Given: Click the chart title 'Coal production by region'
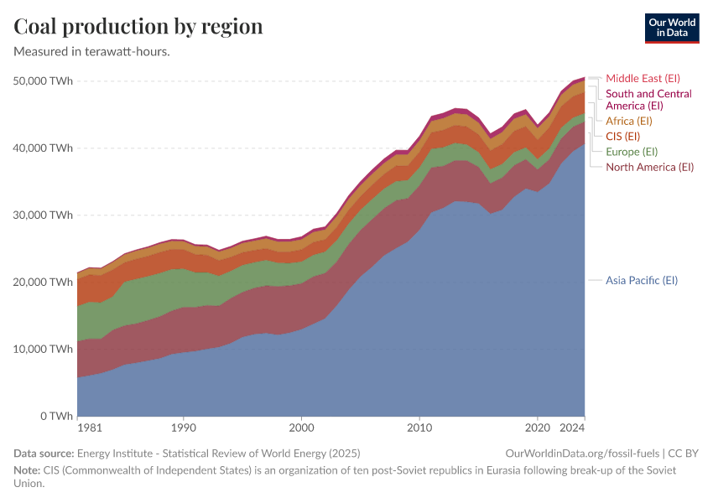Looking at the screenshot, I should [x=138, y=27].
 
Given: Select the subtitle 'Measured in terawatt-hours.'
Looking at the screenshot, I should [x=92, y=51].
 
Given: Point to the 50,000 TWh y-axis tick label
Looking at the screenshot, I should [x=44, y=81].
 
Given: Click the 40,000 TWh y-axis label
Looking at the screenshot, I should [x=44, y=148].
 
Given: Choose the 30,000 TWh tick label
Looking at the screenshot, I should [x=44, y=215].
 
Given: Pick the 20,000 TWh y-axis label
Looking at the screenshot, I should [x=44, y=283].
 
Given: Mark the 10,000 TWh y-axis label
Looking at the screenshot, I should [x=44, y=350].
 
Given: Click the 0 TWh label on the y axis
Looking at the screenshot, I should [x=55, y=417].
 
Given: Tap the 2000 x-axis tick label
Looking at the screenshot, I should [x=302, y=428].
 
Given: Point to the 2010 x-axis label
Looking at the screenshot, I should [x=419, y=428].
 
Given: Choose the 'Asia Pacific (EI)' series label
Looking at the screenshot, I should [x=641, y=280].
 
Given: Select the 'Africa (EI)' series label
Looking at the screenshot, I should [x=628, y=121].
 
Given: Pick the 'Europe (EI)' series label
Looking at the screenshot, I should [x=631, y=152].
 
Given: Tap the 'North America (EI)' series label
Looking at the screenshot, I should [x=649, y=167].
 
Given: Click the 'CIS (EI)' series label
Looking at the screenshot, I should [x=622, y=136].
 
